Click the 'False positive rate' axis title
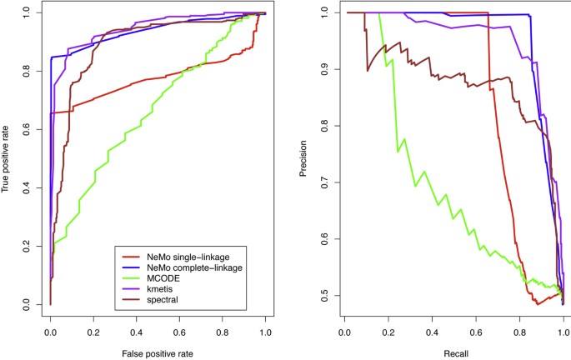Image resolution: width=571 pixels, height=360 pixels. [x=158, y=353]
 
